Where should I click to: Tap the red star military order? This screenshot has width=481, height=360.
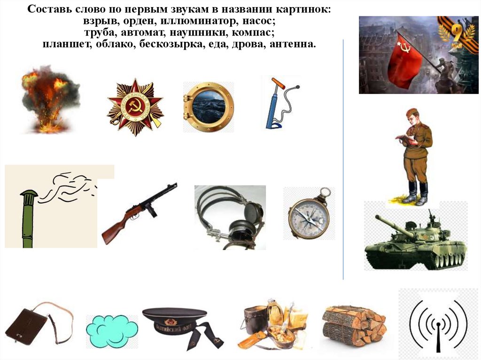click(135, 107)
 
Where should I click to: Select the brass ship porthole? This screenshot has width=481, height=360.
click(209, 107)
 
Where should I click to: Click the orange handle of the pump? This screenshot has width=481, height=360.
click(278, 83)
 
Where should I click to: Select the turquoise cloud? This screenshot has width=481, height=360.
click(112, 330)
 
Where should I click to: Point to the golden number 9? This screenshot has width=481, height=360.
click(458, 32)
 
